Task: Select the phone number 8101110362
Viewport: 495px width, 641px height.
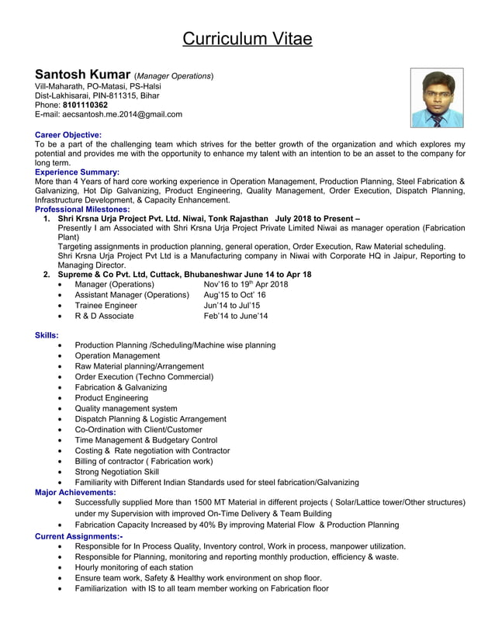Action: [85, 105]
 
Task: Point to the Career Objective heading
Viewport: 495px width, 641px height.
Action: [68, 135]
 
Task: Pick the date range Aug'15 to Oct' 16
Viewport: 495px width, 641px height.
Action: [234, 295]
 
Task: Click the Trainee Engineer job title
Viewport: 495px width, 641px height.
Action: [106, 306]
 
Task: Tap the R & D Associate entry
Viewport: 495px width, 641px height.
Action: [104, 316]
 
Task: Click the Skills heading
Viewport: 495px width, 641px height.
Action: [47, 335]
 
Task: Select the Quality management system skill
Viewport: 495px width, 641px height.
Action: [126, 408]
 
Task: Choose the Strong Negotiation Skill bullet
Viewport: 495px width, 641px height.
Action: [116, 471]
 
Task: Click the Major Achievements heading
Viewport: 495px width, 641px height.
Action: [76, 492]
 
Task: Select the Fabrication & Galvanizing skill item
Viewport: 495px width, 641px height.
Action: [120, 387]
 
